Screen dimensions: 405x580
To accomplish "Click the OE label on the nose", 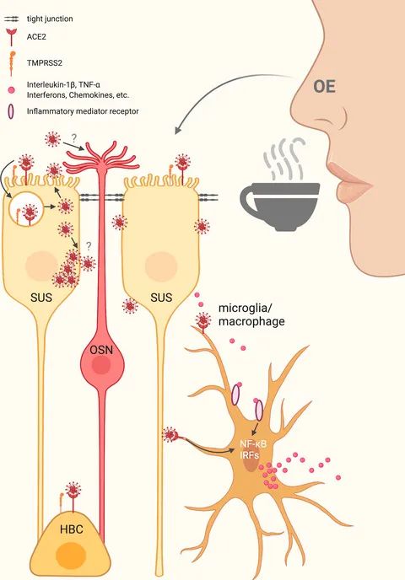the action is (324, 87).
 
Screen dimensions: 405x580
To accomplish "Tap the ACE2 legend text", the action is (36, 36).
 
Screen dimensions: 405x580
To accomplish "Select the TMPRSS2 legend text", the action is (45, 63).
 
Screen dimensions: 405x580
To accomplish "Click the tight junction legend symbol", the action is (12, 19).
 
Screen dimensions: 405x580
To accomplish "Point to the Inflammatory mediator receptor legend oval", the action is (12, 111).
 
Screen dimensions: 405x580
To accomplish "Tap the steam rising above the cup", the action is (284, 158).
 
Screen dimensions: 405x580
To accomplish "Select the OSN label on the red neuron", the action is (102, 349).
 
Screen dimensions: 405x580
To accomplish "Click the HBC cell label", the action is (72, 529).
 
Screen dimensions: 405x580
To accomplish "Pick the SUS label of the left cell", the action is (41, 298).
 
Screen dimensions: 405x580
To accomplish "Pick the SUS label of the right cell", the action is (161, 298).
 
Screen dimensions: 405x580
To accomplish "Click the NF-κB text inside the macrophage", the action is (253, 443).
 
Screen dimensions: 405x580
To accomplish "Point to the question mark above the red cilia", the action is (74, 138).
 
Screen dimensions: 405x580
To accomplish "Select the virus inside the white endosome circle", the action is (30, 213).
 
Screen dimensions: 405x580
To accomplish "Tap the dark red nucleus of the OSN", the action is (101, 366).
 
